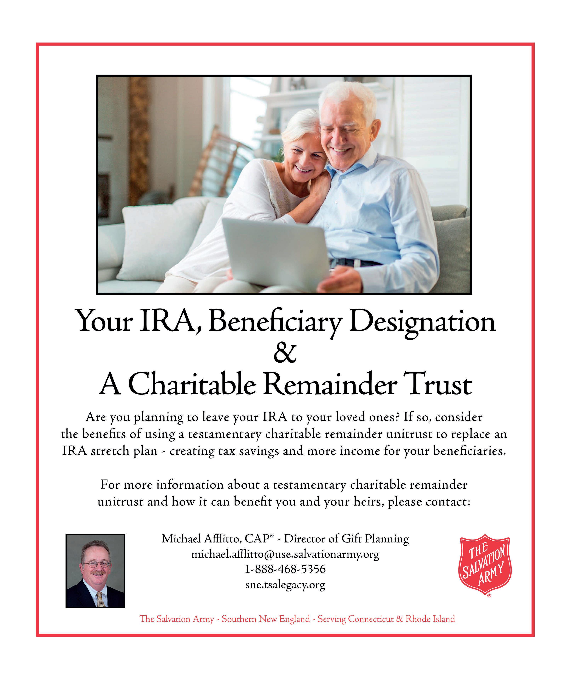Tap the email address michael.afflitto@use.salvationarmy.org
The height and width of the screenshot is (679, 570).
point(285,554)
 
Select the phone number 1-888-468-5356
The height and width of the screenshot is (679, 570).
point(285,569)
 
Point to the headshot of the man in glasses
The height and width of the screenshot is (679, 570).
point(95,571)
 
